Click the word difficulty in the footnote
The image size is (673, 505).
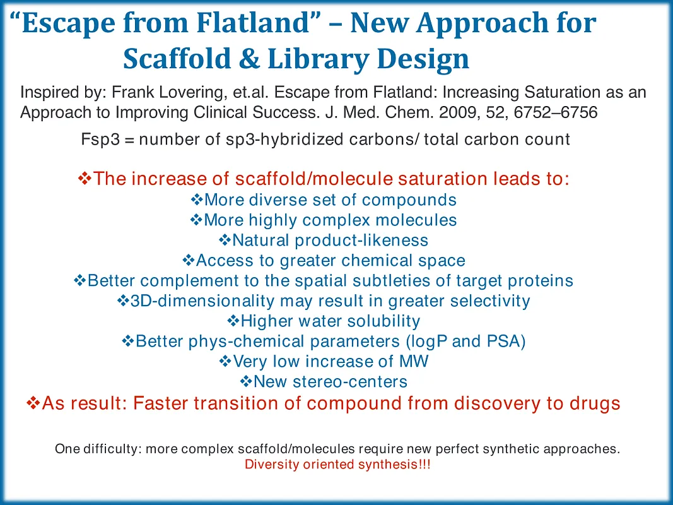click(x=109, y=449)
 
